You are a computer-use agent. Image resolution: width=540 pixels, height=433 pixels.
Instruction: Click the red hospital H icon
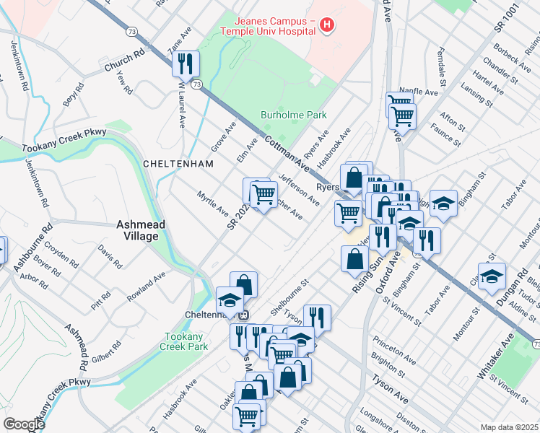[x=327, y=26]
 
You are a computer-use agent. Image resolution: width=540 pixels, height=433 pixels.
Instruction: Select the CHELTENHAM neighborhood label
[x=178, y=164]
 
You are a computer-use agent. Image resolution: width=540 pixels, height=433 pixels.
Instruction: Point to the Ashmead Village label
[x=141, y=230]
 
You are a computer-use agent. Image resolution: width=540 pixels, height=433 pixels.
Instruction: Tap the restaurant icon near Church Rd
[x=186, y=64]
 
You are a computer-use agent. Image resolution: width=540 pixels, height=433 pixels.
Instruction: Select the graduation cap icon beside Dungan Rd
[x=492, y=277]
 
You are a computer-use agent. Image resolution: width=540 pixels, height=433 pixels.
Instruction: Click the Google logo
[x=24, y=424]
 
